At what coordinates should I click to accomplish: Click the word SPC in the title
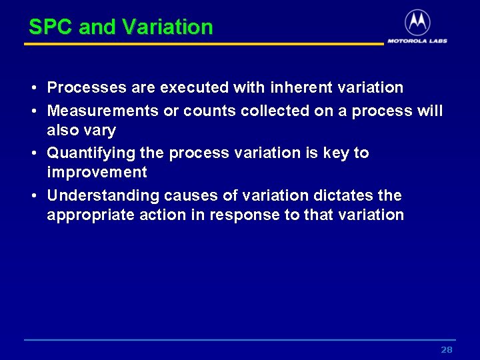[x=51, y=27]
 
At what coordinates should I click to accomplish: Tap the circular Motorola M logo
[x=417, y=23]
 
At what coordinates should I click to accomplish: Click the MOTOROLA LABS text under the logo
[x=417, y=41]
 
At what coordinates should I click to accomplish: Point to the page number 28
[x=447, y=350]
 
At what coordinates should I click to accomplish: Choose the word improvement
[x=97, y=173]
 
